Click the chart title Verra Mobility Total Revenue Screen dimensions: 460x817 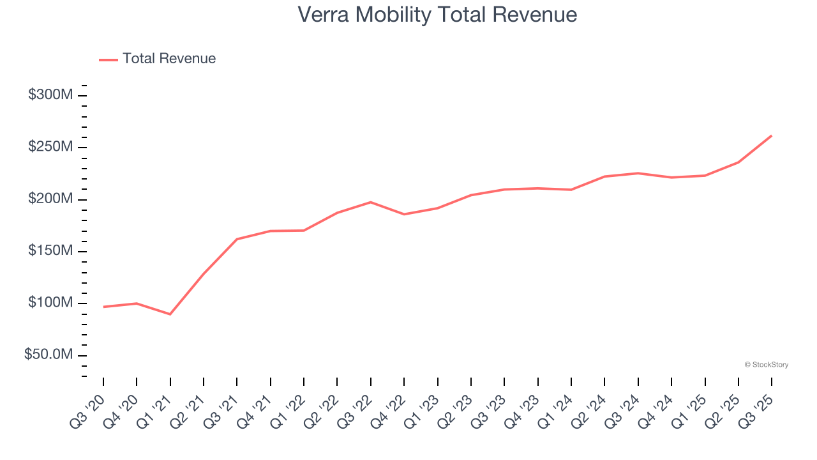[x=437, y=15]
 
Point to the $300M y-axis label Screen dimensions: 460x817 [x=50, y=95]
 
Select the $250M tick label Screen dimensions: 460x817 [x=50, y=147]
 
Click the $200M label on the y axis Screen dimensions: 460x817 [x=50, y=199]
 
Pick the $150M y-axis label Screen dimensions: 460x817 [x=50, y=251]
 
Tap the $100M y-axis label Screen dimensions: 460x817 [x=50, y=303]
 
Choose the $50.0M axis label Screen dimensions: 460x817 [x=49, y=355]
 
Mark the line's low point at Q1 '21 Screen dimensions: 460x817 [x=170, y=314]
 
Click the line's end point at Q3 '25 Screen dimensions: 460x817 [x=771, y=135]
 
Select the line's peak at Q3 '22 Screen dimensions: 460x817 [x=370, y=202]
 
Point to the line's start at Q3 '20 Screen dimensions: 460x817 [x=103, y=307]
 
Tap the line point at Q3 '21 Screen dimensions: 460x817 [x=237, y=239]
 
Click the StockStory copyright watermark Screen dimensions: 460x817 [x=766, y=365]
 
